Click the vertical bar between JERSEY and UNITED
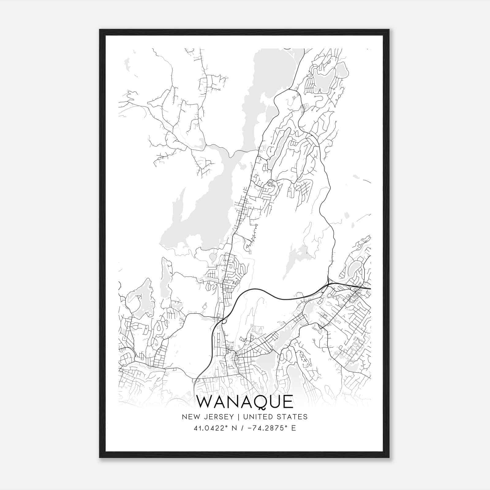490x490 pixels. [236, 417]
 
